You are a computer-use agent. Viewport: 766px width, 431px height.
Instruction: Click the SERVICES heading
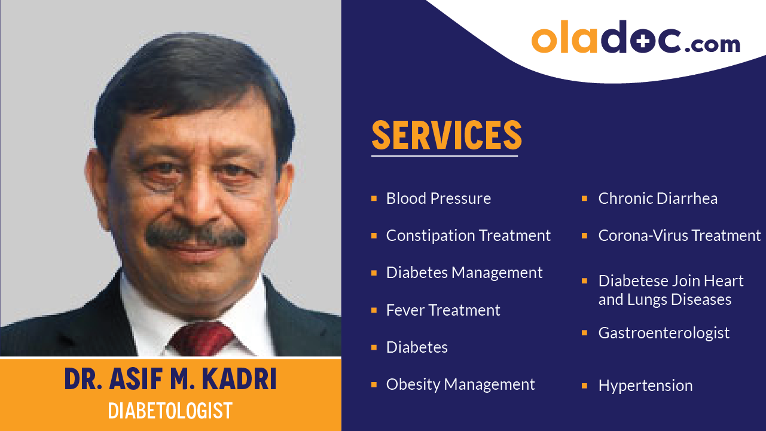pyautogui.click(x=446, y=135)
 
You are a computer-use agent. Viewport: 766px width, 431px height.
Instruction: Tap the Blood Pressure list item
pyautogui.click(x=438, y=198)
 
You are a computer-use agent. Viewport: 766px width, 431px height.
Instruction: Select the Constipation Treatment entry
pyautogui.click(x=468, y=236)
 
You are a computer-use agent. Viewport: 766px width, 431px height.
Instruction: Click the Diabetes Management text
pyautogui.click(x=464, y=273)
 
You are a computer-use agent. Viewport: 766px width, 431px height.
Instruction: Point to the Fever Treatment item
pyautogui.click(x=443, y=310)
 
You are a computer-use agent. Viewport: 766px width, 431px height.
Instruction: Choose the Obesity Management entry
pyautogui.click(x=460, y=384)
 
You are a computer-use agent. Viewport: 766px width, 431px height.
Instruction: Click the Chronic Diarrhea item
pyautogui.click(x=658, y=198)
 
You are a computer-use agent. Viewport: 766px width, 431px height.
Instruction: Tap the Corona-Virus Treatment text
pyautogui.click(x=679, y=236)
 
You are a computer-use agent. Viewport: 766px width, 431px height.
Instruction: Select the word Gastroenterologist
pyautogui.click(x=664, y=333)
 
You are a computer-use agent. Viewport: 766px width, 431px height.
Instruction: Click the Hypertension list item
pyautogui.click(x=645, y=386)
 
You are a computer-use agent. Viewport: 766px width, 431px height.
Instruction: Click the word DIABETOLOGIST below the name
pyautogui.click(x=170, y=411)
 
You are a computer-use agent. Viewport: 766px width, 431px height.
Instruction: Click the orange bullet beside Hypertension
pyautogui.click(x=584, y=386)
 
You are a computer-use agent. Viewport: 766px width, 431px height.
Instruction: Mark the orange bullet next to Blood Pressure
pyautogui.click(x=374, y=198)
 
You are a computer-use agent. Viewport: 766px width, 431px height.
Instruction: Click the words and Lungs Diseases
pyautogui.click(x=664, y=299)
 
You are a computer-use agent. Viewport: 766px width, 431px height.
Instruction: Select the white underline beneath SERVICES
pyautogui.click(x=444, y=156)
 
